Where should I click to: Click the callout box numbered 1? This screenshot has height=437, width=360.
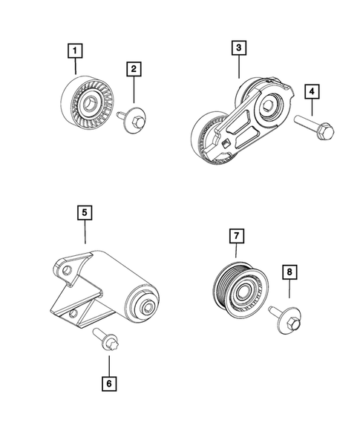(x=76, y=51)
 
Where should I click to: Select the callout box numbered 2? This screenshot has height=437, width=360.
(x=134, y=70)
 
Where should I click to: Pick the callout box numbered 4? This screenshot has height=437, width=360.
(x=312, y=91)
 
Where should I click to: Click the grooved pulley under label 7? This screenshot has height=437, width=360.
(x=238, y=286)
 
